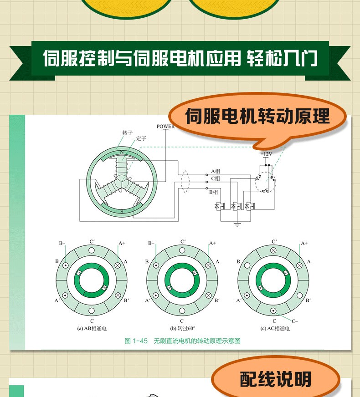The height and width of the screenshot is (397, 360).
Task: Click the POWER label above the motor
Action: pos(166,127)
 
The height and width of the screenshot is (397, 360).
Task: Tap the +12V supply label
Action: pos(266,154)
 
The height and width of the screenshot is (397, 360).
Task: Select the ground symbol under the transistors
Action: pos(237,224)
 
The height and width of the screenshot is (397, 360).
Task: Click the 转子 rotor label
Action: pos(128,132)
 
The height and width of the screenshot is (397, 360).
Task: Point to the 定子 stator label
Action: pos(141,138)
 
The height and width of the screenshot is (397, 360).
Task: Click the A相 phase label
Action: pos(216,171)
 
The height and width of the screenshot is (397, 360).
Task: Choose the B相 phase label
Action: pos(213,192)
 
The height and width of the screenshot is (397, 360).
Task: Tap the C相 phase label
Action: pos(216,178)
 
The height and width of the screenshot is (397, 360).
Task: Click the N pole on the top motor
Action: pos(122,153)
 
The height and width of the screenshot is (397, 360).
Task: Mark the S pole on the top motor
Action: pos(122,212)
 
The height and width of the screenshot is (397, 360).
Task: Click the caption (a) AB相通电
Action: pos(92,328)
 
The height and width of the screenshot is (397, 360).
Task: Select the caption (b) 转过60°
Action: pos(183,328)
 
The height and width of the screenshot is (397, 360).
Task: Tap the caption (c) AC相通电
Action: pos(275,328)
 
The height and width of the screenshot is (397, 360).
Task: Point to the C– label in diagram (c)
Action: pos(295,321)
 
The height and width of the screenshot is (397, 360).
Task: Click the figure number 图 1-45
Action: pos(136,341)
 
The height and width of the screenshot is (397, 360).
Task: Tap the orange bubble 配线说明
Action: pos(275,379)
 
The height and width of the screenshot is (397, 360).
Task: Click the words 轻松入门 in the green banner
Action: pos(282,58)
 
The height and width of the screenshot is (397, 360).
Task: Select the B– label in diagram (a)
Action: pos(62,243)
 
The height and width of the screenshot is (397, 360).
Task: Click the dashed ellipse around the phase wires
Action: pos(185,182)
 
